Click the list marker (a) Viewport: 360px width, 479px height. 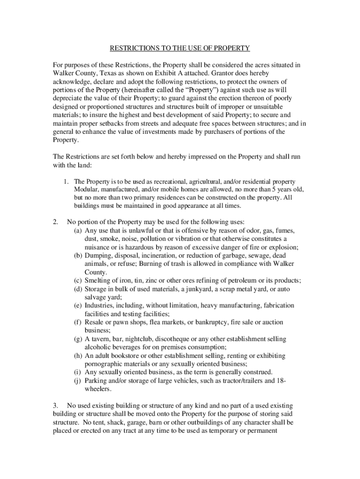[78, 231]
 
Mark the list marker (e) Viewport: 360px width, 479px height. [78, 305]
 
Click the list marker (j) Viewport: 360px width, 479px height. [78, 380]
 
